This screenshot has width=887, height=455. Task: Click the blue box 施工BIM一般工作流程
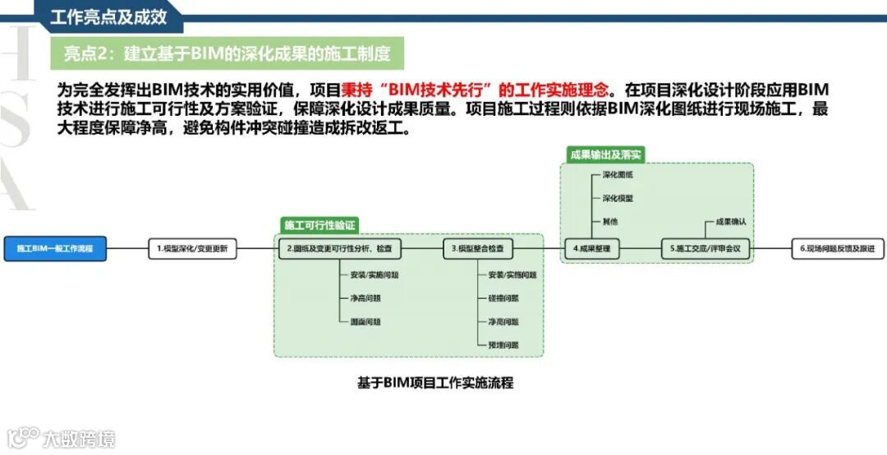point(55,248)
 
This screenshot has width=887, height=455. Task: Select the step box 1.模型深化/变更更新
point(192,248)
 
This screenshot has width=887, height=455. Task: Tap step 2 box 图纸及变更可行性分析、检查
point(339,248)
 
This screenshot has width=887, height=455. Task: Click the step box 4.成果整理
point(592,248)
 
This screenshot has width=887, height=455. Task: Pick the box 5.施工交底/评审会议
point(706,248)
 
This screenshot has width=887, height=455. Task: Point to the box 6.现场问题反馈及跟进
point(837,248)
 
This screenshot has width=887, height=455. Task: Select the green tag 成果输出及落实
point(605,154)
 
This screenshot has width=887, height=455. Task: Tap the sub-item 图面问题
point(365,321)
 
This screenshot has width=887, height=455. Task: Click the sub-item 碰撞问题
point(503,298)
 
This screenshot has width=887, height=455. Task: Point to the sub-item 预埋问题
point(503,345)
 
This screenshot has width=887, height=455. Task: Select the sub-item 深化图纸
point(618,175)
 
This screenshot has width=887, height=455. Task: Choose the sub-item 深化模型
point(618,198)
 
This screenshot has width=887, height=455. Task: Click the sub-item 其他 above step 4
point(610,222)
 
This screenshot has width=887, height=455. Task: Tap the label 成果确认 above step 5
point(730,222)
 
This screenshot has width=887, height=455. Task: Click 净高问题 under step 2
point(365,298)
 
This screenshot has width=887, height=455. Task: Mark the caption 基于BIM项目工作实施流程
point(434,383)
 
